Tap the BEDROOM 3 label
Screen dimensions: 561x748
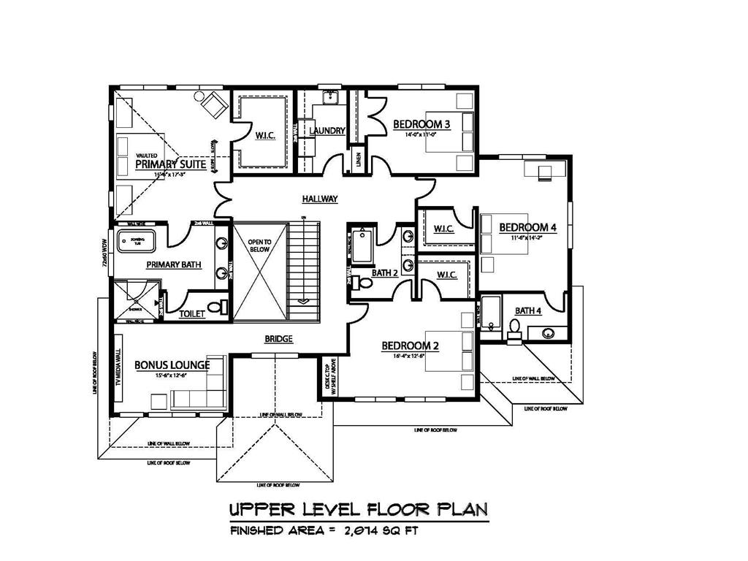coord(421,124)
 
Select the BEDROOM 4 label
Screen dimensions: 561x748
coord(528,227)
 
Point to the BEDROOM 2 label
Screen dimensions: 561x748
coord(410,346)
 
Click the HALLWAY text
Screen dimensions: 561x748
coord(320,199)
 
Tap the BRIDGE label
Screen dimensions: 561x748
coord(278,339)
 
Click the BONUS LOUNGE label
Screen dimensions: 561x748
coord(172,365)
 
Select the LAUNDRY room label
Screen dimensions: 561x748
coord(327,131)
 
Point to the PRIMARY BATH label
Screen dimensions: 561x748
coord(174,264)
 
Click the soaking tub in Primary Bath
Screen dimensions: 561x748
coord(137,239)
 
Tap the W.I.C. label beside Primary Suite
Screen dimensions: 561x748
coord(265,136)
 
